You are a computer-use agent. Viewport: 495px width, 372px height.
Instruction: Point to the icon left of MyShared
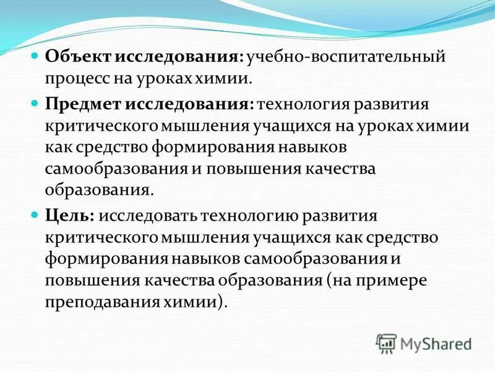(387, 343)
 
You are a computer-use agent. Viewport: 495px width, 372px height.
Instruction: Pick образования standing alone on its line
(98, 189)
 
